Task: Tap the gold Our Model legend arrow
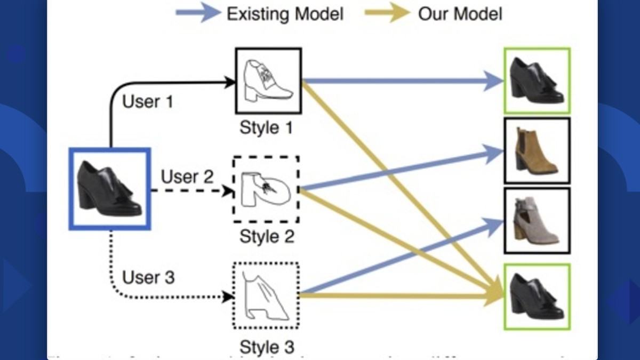coord(387,13)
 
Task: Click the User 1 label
coord(148,101)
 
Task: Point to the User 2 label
coord(187,176)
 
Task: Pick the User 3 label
coord(148,277)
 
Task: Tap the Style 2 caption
coord(267,236)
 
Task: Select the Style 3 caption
coord(267,347)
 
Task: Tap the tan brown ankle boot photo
coord(537,151)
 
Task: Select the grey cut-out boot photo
coord(537,220)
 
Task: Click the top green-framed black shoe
coord(537,81)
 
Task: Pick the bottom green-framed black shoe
coord(537,296)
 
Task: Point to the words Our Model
coord(460,13)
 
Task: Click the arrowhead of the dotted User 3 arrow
coord(228,297)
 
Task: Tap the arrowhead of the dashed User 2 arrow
coord(228,190)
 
